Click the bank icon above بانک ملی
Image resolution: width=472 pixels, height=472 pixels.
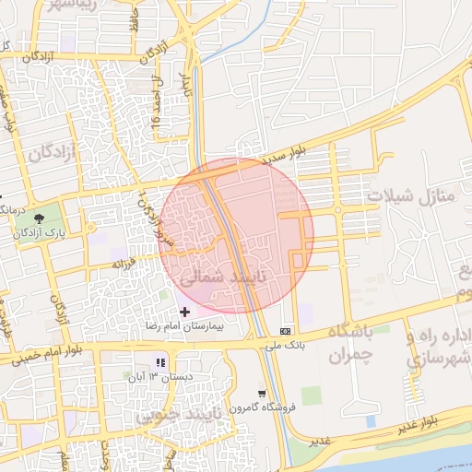point(285,330)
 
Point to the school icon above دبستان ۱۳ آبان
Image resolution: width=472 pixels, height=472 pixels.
point(159,362)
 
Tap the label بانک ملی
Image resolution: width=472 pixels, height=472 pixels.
point(285,346)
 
